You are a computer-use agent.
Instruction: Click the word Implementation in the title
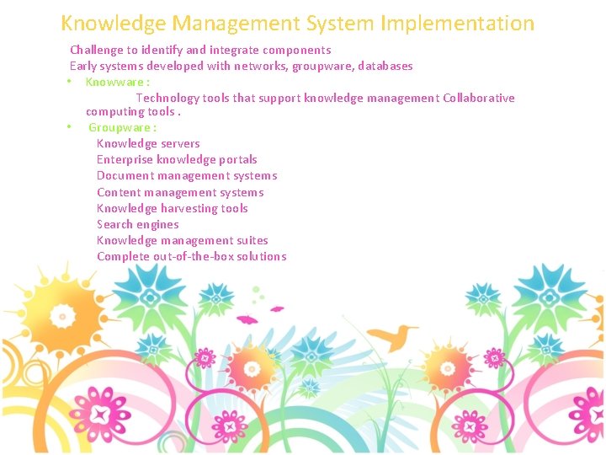click(x=457, y=24)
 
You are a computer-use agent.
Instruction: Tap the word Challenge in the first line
click(x=97, y=51)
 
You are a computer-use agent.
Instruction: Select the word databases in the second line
click(x=384, y=66)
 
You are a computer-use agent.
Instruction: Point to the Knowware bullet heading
click(x=117, y=82)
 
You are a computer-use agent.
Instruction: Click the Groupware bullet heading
click(x=122, y=127)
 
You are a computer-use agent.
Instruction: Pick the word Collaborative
click(x=479, y=98)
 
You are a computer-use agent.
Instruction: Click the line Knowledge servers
click(x=148, y=143)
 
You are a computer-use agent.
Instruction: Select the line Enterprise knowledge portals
click(x=177, y=159)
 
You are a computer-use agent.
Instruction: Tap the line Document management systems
click(x=187, y=175)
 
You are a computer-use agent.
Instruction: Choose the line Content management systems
click(x=180, y=192)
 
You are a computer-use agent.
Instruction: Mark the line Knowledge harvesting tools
click(x=172, y=208)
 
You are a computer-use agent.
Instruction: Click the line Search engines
click(x=137, y=224)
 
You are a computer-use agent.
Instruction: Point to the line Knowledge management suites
click(x=182, y=240)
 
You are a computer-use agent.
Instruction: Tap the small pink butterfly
click(x=247, y=319)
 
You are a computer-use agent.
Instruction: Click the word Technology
click(x=167, y=98)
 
